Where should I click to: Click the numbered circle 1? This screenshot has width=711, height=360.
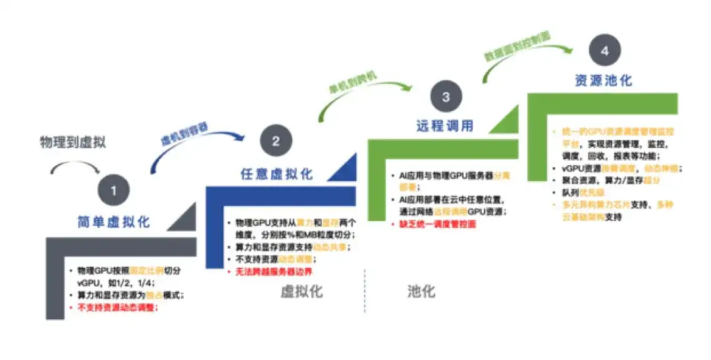coord(113,191)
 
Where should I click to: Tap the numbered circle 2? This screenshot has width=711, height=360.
coord(275,141)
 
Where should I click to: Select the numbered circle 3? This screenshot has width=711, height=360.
coord(446,97)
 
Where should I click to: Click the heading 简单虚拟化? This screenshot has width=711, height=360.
coord(113,222)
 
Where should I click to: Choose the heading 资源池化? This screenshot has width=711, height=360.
coord(603,80)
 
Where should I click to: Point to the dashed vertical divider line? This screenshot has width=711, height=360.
coord(365,290)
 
